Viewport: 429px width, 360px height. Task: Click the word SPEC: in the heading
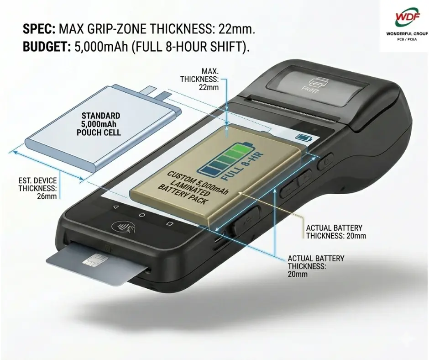coord(39,29)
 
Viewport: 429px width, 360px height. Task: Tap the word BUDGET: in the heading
coord(47,47)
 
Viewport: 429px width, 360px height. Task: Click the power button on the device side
coord(325,161)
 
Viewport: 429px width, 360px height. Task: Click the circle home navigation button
coord(141,215)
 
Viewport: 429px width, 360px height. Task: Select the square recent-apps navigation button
coord(170,223)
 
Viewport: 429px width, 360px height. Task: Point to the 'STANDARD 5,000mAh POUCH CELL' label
coord(99,124)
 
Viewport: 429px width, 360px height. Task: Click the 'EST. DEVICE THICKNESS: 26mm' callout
coord(37,189)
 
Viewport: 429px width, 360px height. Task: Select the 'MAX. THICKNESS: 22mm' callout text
coord(199,79)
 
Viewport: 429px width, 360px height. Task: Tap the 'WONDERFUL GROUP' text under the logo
coord(407,34)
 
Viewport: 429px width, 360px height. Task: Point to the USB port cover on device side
coord(246,219)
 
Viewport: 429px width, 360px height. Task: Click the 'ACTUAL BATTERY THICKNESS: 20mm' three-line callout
coord(316,266)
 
